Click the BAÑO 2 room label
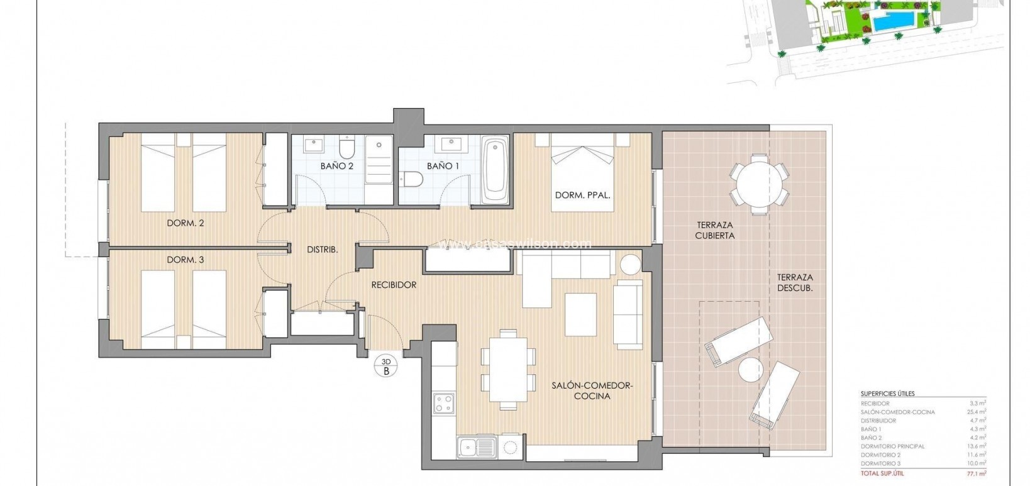tap(336, 167)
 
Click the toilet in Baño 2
tap(346, 148)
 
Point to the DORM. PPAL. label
tap(582, 196)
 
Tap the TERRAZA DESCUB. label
tap(794, 282)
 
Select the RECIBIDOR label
tap(394, 285)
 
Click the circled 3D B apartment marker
tap(386, 366)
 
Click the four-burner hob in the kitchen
tap(444, 402)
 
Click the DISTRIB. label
tap(322, 250)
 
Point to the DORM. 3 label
tap(185, 260)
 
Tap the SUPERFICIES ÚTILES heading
tap(887, 394)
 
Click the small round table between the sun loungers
tap(750, 369)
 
